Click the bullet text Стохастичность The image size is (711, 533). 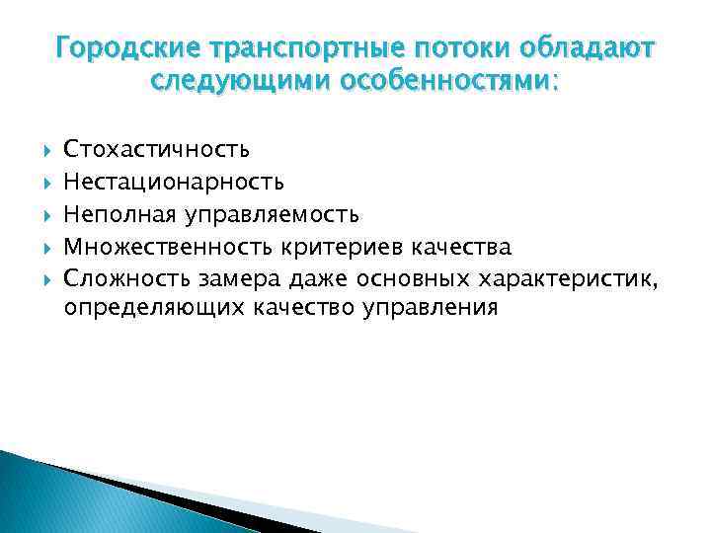(x=156, y=149)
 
